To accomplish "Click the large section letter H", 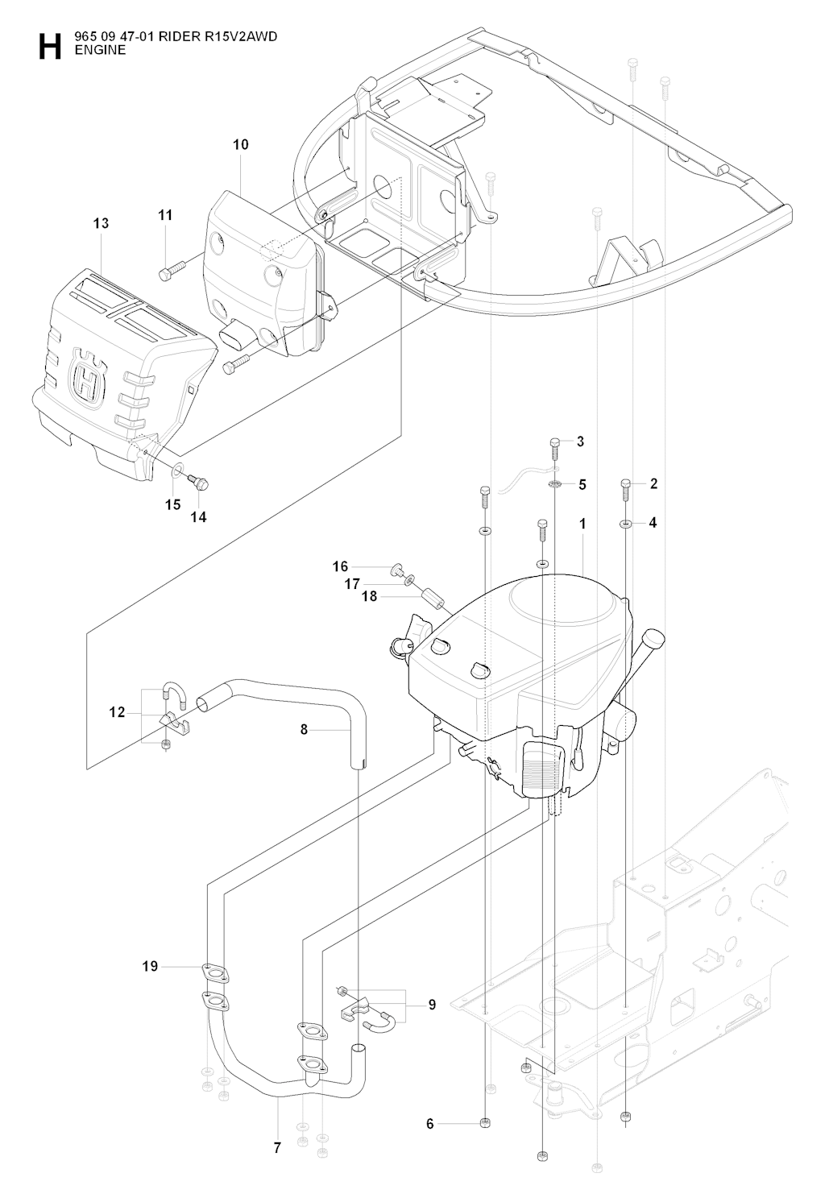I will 49,47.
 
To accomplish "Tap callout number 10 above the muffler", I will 241,145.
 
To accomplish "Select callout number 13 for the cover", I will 101,223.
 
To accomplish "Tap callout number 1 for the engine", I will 582,524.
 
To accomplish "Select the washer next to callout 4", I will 626,524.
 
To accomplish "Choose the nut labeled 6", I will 486,1123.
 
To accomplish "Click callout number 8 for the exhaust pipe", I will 304,730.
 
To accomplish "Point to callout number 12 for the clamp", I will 118,712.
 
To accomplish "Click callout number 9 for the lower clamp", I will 432,1005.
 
